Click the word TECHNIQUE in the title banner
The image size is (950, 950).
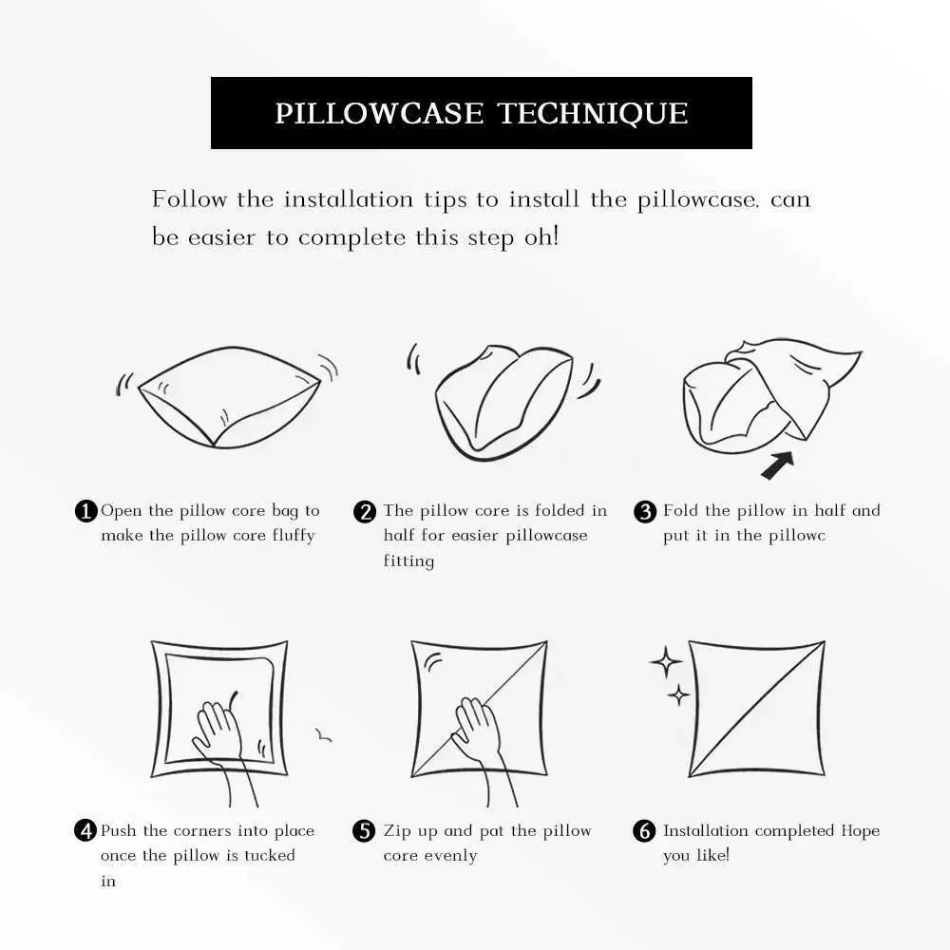click(593, 114)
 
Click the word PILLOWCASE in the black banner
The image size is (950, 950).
click(379, 113)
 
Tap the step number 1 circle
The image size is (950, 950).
click(86, 511)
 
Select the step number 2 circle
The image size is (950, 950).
click(365, 511)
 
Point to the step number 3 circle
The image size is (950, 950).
click(645, 511)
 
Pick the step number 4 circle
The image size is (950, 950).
click(85, 830)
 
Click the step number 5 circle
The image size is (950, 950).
click(364, 830)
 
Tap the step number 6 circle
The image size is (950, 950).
click(644, 830)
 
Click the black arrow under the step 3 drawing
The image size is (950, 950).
click(777, 465)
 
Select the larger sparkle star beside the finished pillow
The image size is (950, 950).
click(666, 661)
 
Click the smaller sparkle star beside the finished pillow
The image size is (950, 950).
click(678, 695)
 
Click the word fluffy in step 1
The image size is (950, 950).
click(294, 536)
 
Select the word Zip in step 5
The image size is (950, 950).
click(397, 831)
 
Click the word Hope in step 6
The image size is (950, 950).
click(861, 831)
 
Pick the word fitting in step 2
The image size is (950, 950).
click(408, 561)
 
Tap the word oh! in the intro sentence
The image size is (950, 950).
click(541, 237)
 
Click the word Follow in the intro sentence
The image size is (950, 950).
click(190, 199)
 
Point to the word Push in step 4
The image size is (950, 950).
click(118, 830)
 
